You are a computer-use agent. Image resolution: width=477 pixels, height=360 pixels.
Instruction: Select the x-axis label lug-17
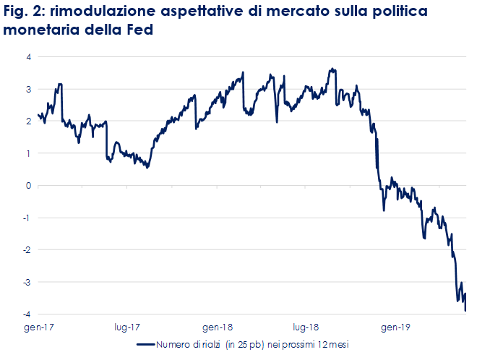pos(128,327)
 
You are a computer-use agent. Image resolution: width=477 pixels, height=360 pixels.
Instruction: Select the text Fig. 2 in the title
pos(22,12)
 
